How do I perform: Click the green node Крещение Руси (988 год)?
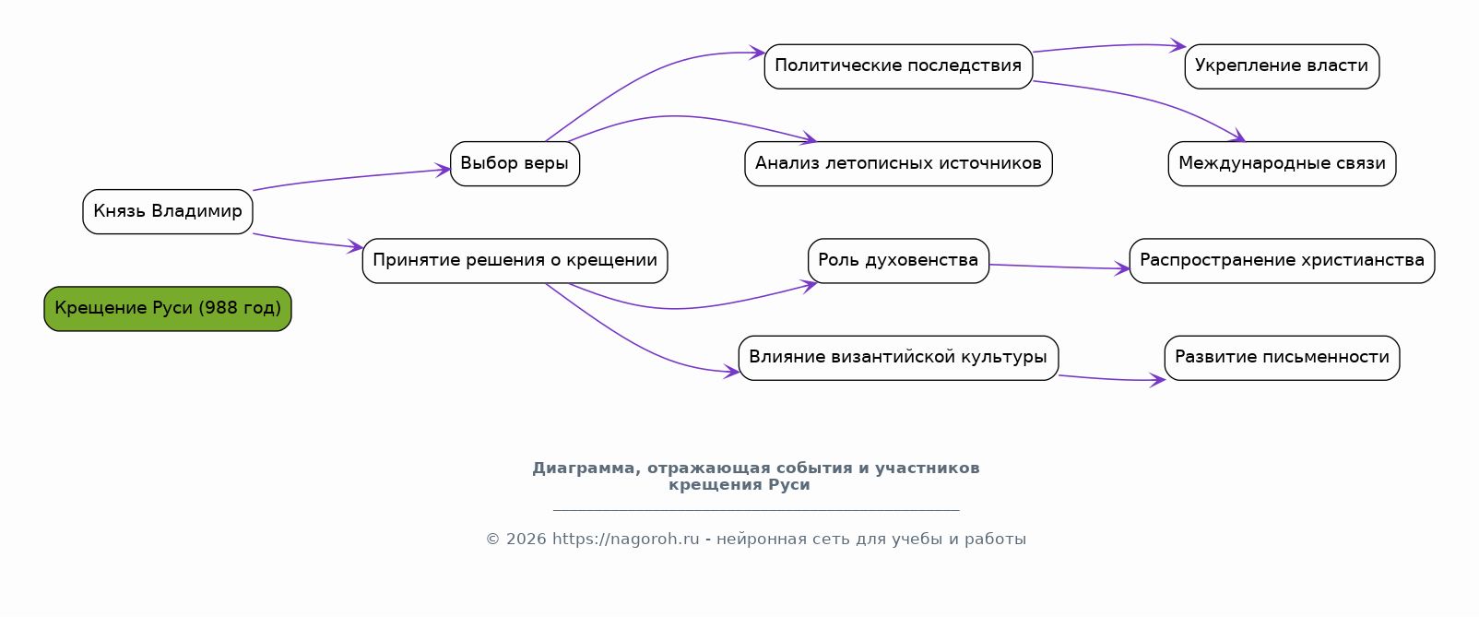click(x=168, y=308)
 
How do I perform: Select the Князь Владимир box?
click(x=168, y=211)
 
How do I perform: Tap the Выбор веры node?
click(x=515, y=163)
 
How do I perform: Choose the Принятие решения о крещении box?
click(x=515, y=260)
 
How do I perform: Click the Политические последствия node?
click(x=898, y=65)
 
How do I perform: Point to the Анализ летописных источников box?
click(x=898, y=163)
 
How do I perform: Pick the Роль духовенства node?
click(x=898, y=260)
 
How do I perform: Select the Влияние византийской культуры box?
click(x=898, y=357)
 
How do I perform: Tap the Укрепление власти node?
click(x=1282, y=65)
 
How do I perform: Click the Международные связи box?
click(x=1282, y=163)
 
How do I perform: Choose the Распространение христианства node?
click(x=1282, y=260)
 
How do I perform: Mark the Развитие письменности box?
click(x=1282, y=357)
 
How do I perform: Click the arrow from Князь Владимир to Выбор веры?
click(x=350, y=178)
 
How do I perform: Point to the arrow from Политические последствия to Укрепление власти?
click(x=1106, y=46)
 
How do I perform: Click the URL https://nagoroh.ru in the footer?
click(x=625, y=540)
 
